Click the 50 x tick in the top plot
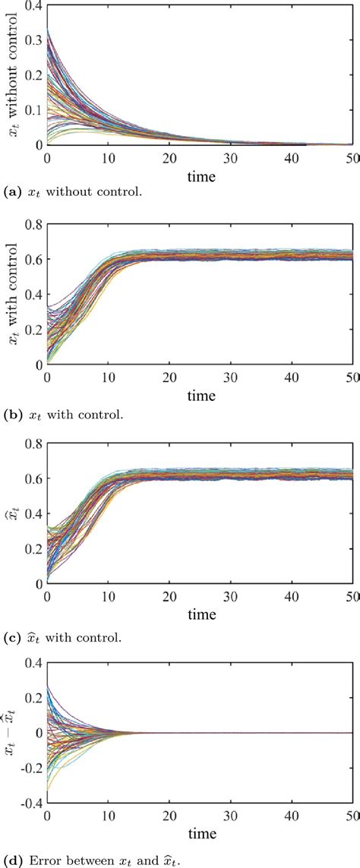pyautogui.click(x=350, y=156)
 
